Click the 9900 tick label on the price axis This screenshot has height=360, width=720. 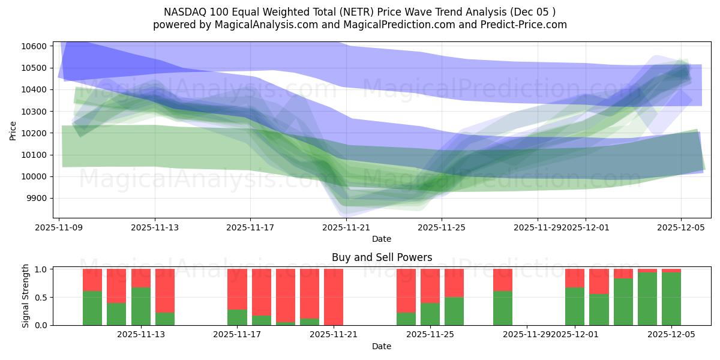click(x=36, y=199)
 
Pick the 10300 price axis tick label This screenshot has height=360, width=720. click(x=34, y=112)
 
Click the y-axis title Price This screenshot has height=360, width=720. click(x=13, y=130)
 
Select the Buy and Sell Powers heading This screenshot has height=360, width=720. click(x=382, y=257)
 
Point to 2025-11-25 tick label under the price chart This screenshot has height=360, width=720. click(x=442, y=227)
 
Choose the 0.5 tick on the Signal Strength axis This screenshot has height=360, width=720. click(x=41, y=298)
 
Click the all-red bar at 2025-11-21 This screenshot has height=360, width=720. click(x=334, y=296)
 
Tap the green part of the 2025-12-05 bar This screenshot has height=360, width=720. click(x=671, y=299)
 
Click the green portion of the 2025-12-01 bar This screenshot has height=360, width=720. click(x=575, y=307)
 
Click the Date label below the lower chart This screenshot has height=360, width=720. click(x=382, y=346)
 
